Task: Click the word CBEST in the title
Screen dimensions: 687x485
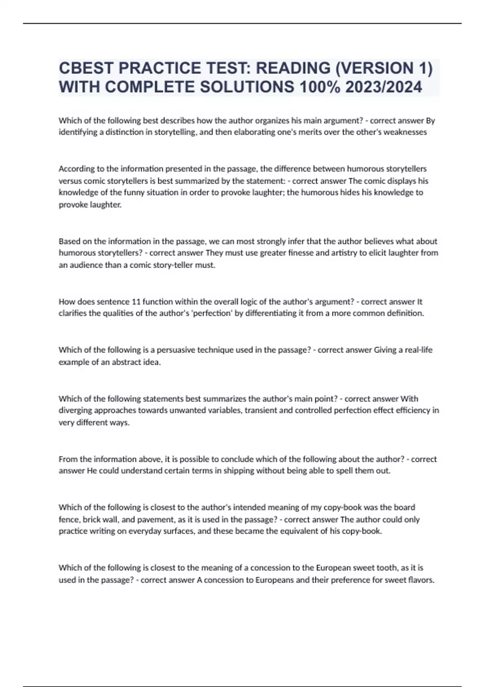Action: coord(86,68)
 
